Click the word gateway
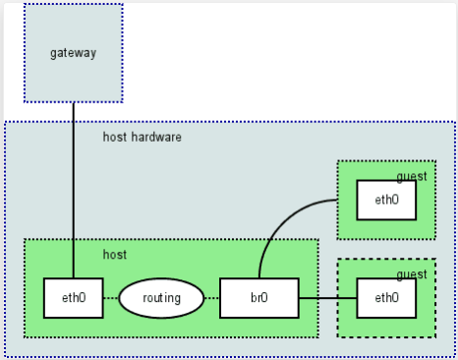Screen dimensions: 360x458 [x=74, y=52]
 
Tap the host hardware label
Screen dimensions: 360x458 [x=143, y=137]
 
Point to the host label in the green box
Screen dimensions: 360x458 [x=115, y=255]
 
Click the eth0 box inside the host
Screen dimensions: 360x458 [x=74, y=298]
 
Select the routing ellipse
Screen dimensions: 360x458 [x=161, y=298]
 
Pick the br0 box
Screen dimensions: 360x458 [x=258, y=298]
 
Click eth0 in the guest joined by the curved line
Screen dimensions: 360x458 [x=386, y=200]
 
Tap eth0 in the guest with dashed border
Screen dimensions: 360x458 [x=386, y=298]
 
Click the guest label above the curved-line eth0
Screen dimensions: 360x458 [x=412, y=176]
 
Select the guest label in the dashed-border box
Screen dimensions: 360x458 [x=412, y=274]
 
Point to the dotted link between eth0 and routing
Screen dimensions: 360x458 [x=111, y=298]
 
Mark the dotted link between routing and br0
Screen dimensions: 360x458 [x=211, y=298]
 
